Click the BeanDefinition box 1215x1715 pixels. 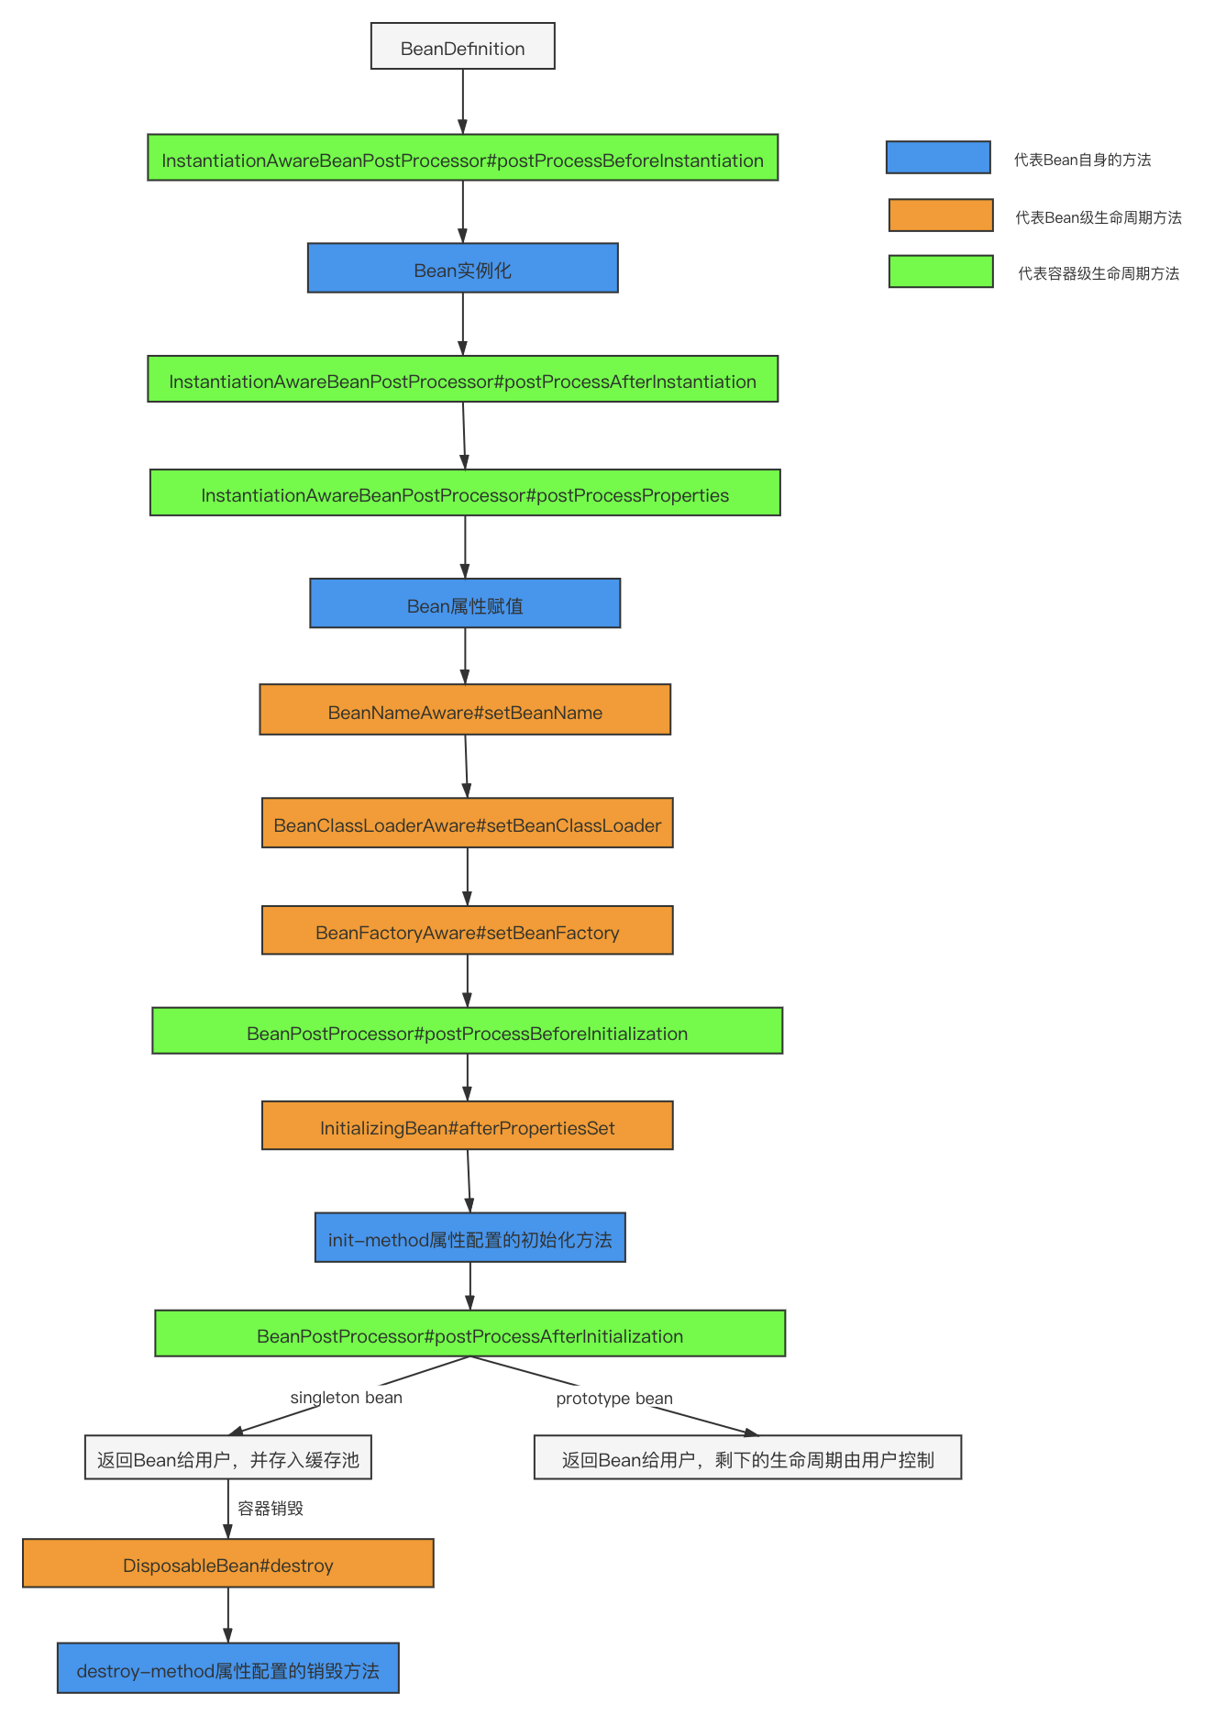point(462,47)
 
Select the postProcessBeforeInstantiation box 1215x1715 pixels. point(462,158)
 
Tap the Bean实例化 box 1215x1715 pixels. point(462,268)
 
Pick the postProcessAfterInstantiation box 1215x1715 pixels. point(462,379)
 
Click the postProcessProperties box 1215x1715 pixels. point(465,492)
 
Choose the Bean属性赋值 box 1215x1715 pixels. point(465,603)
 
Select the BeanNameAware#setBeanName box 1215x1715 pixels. point(465,710)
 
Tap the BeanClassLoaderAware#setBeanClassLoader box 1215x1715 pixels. point(467,823)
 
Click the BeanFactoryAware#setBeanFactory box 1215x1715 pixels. point(467,930)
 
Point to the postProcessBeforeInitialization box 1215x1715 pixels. point(467,1031)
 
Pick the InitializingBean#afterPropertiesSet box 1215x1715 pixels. point(467,1125)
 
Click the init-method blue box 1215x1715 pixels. point(469,1237)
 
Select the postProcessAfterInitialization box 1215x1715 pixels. point(469,1333)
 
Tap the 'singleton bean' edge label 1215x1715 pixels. point(346,1398)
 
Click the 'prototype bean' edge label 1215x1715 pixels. point(614,1399)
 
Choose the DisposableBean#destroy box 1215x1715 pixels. point(227,1563)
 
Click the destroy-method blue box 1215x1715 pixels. point(227,1667)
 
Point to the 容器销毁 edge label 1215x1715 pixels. point(271,1509)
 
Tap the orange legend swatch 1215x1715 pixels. point(941,216)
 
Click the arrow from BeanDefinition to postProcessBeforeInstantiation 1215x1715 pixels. point(462,102)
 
